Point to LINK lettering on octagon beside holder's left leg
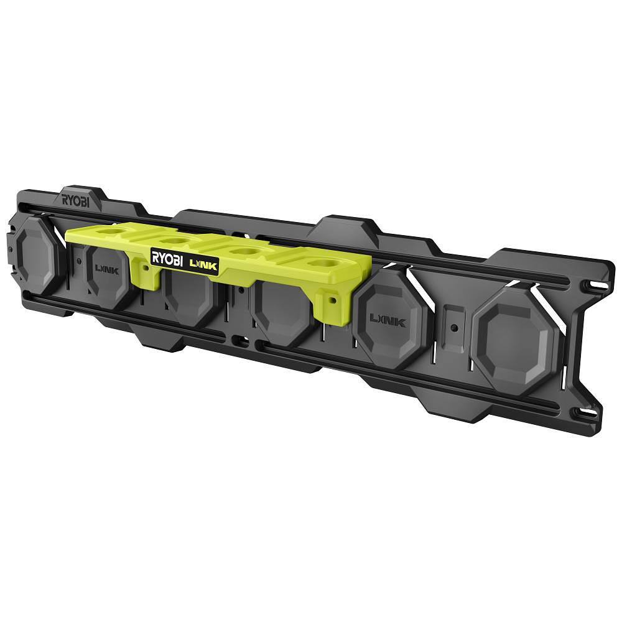[106, 271]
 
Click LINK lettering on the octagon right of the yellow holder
[388, 320]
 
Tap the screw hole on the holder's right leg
[331, 299]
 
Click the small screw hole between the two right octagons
[455, 326]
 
